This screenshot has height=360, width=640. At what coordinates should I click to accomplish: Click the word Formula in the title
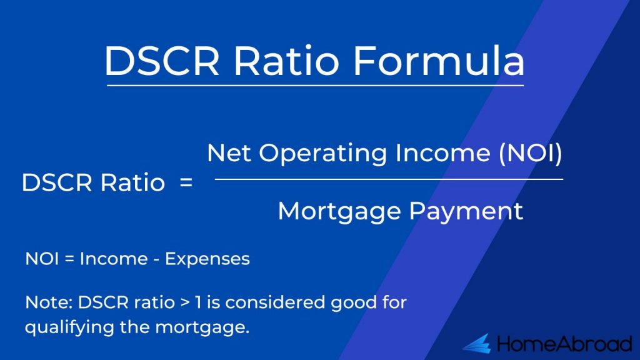coord(438,61)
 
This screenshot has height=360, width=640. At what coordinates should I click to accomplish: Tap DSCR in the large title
coord(162,61)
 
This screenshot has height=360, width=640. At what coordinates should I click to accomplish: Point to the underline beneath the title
coord(315,86)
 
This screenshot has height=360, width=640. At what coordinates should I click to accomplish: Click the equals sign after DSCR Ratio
coord(186,182)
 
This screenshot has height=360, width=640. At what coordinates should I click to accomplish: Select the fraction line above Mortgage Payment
coord(389,179)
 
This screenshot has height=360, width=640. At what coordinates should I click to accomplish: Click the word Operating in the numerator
coord(323,154)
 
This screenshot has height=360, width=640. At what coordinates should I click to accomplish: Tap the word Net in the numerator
coord(229,153)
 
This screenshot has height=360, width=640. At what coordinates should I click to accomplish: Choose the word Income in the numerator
coord(443,153)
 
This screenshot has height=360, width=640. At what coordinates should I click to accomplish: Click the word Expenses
coord(207,259)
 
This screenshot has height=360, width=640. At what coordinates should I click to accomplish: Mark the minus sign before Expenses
coord(156,260)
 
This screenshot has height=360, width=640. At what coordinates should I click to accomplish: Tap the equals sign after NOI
coord(69,259)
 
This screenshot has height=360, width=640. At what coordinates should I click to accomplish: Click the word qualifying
coord(69,327)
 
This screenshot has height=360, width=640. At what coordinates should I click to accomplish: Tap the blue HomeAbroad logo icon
coord(477,343)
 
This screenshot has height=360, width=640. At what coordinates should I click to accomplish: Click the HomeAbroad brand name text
coord(564,344)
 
